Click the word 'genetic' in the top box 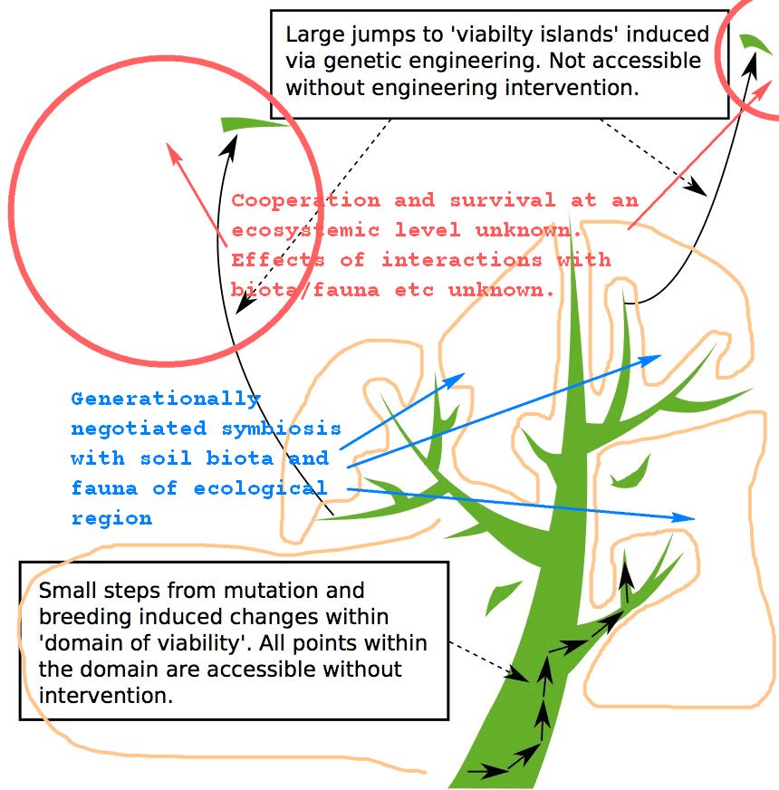point(355,61)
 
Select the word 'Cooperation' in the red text point(305,200)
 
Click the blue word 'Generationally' point(166,398)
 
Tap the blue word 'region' point(111,518)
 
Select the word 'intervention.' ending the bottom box point(105,697)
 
